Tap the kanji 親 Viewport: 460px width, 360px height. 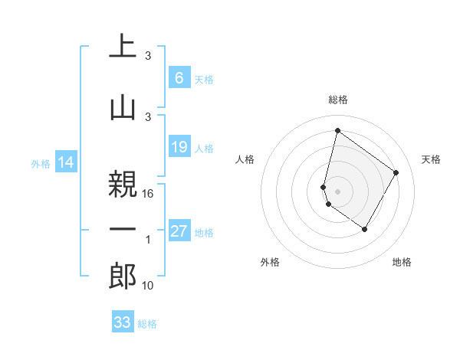[x=123, y=183]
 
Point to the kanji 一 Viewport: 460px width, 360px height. [x=123, y=229]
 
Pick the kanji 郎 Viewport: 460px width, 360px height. [x=123, y=275]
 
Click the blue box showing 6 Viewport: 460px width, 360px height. [x=179, y=78]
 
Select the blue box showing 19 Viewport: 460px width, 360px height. [x=179, y=147]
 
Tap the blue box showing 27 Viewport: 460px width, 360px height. [x=179, y=231]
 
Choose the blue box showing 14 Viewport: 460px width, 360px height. [x=66, y=162]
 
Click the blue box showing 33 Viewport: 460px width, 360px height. [x=122, y=322]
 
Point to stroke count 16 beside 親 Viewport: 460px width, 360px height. [x=149, y=194]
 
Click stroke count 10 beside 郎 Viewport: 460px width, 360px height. [x=149, y=286]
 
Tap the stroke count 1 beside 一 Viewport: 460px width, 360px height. [x=148, y=240]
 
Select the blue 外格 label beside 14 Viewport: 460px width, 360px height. [x=41, y=163]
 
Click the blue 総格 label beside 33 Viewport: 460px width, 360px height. [x=147, y=324]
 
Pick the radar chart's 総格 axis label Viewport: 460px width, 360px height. [x=337, y=100]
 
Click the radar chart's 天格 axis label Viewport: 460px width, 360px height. [x=432, y=159]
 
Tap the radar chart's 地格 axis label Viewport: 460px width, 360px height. [x=402, y=262]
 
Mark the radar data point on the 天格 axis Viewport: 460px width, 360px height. [x=396, y=172]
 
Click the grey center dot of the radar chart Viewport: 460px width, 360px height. [x=337, y=190]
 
